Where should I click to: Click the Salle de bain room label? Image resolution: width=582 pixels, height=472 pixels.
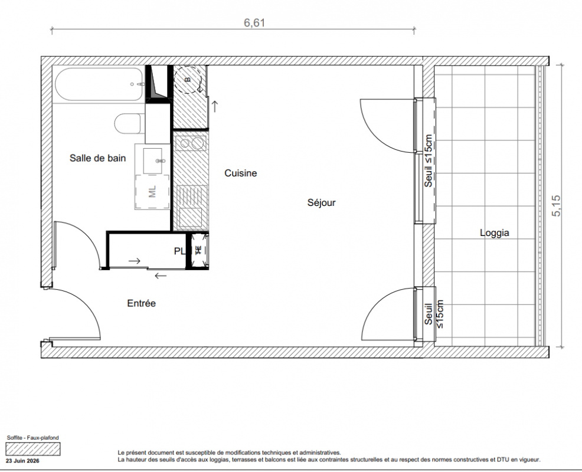click(97, 158)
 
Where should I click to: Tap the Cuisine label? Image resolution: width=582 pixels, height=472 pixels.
click(240, 173)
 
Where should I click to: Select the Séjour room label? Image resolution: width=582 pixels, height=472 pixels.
click(322, 202)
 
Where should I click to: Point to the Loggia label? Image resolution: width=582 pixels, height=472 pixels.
click(495, 233)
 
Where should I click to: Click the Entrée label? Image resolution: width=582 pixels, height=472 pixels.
click(142, 303)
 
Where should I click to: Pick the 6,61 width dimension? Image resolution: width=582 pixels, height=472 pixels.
click(254, 22)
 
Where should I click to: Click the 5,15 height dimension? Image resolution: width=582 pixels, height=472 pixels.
click(557, 206)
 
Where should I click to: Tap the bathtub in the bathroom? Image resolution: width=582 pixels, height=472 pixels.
click(99, 84)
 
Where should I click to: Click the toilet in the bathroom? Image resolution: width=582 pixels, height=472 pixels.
click(128, 123)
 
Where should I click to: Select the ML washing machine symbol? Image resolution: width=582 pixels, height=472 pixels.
click(152, 192)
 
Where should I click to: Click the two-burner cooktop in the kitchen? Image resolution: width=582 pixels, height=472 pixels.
click(191, 143)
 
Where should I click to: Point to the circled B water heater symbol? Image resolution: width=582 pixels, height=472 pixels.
click(188, 80)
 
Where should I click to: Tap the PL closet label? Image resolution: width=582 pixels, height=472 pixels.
click(180, 251)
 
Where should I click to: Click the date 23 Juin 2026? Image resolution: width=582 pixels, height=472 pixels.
click(22, 461)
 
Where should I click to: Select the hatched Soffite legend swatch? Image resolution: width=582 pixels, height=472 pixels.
click(33, 449)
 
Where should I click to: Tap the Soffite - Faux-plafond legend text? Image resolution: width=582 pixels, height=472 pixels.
click(32, 438)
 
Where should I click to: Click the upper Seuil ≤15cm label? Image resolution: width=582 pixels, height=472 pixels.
click(429, 161)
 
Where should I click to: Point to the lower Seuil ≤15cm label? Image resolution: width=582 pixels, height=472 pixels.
click(433, 314)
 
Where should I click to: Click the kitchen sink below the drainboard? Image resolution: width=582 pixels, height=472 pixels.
click(191, 218)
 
